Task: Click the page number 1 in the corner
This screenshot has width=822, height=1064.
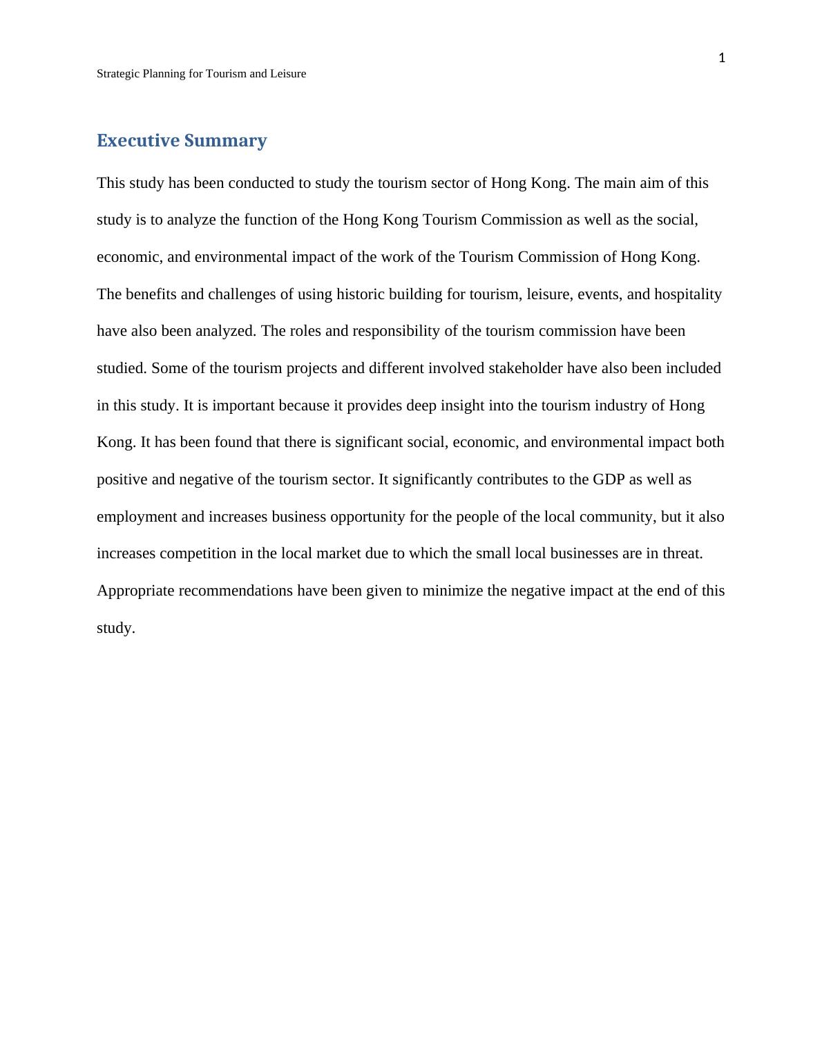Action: click(x=722, y=58)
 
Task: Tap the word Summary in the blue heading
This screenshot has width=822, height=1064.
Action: click(x=225, y=141)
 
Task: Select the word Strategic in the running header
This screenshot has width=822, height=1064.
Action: click(x=117, y=74)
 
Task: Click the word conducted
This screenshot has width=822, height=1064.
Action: click(x=261, y=183)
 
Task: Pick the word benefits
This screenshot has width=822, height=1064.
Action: click(x=152, y=294)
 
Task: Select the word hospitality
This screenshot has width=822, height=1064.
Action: click(x=687, y=294)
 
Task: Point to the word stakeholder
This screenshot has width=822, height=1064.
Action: click(x=525, y=368)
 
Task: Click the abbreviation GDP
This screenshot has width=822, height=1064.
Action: click(x=608, y=479)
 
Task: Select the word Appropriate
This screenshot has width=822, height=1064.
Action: click(x=135, y=591)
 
